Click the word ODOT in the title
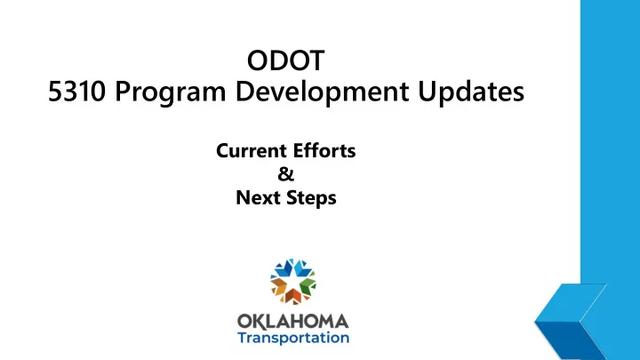click(x=285, y=60)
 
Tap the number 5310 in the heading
click(x=76, y=91)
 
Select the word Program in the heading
click(x=170, y=93)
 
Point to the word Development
click(x=322, y=93)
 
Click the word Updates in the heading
click(x=471, y=92)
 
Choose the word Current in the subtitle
click(x=251, y=150)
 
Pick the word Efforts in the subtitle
click(x=324, y=150)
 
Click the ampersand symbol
click(x=285, y=174)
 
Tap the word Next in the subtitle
click(x=259, y=197)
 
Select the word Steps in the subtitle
click(x=311, y=198)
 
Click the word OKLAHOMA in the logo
click(x=292, y=322)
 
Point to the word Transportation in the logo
click(x=293, y=338)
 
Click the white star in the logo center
click(x=293, y=282)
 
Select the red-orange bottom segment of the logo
click(x=293, y=297)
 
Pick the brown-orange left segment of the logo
click(x=278, y=285)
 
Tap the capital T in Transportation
click(x=243, y=338)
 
